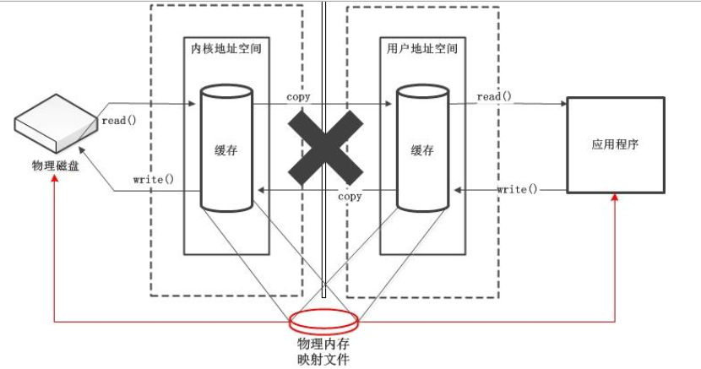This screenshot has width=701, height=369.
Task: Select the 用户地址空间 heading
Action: tap(420, 48)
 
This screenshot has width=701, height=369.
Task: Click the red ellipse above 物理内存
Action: tap(324, 322)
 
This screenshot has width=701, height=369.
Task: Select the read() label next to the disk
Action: tap(119, 121)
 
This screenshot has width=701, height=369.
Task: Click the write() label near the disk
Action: tap(153, 180)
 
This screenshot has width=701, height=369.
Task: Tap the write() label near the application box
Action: tap(517, 188)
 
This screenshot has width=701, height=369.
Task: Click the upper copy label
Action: tap(298, 97)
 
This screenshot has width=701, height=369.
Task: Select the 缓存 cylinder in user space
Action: tap(421, 148)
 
